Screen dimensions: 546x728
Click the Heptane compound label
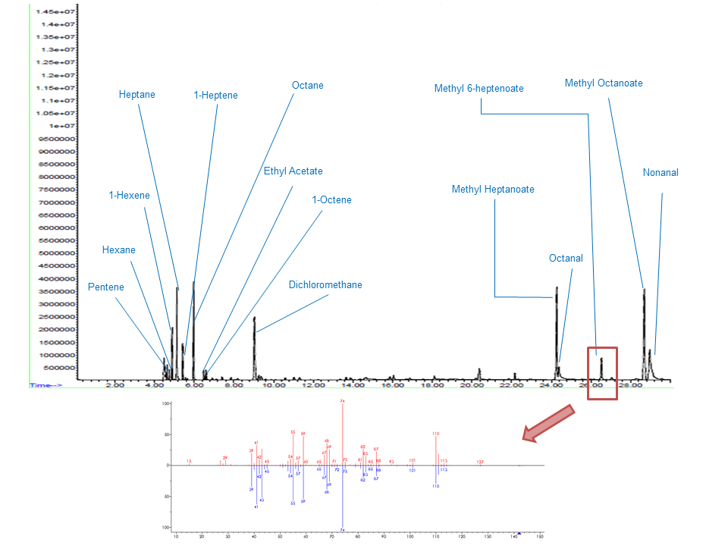(x=137, y=95)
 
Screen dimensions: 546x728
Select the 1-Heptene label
(x=215, y=96)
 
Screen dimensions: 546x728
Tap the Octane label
(x=308, y=86)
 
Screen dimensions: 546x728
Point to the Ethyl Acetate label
(x=293, y=171)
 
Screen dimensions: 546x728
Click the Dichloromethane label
(x=325, y=285)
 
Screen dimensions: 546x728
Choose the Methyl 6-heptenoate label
(x=479, y=89)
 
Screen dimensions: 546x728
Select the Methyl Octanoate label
(x=604, y=83)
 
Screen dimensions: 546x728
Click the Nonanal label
(x=661, y=173)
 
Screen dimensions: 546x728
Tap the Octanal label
(x=566, y=259)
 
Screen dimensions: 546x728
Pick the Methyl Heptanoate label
(x=493, y=190)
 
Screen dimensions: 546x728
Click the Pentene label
(x=105, y=287)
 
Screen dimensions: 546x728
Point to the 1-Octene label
(x=332, y=200)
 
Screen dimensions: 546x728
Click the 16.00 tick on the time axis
(x=393, y=386)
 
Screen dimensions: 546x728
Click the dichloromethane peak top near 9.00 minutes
(x=255, y=318)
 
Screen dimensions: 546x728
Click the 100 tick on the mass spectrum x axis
(x=410, y=537)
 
